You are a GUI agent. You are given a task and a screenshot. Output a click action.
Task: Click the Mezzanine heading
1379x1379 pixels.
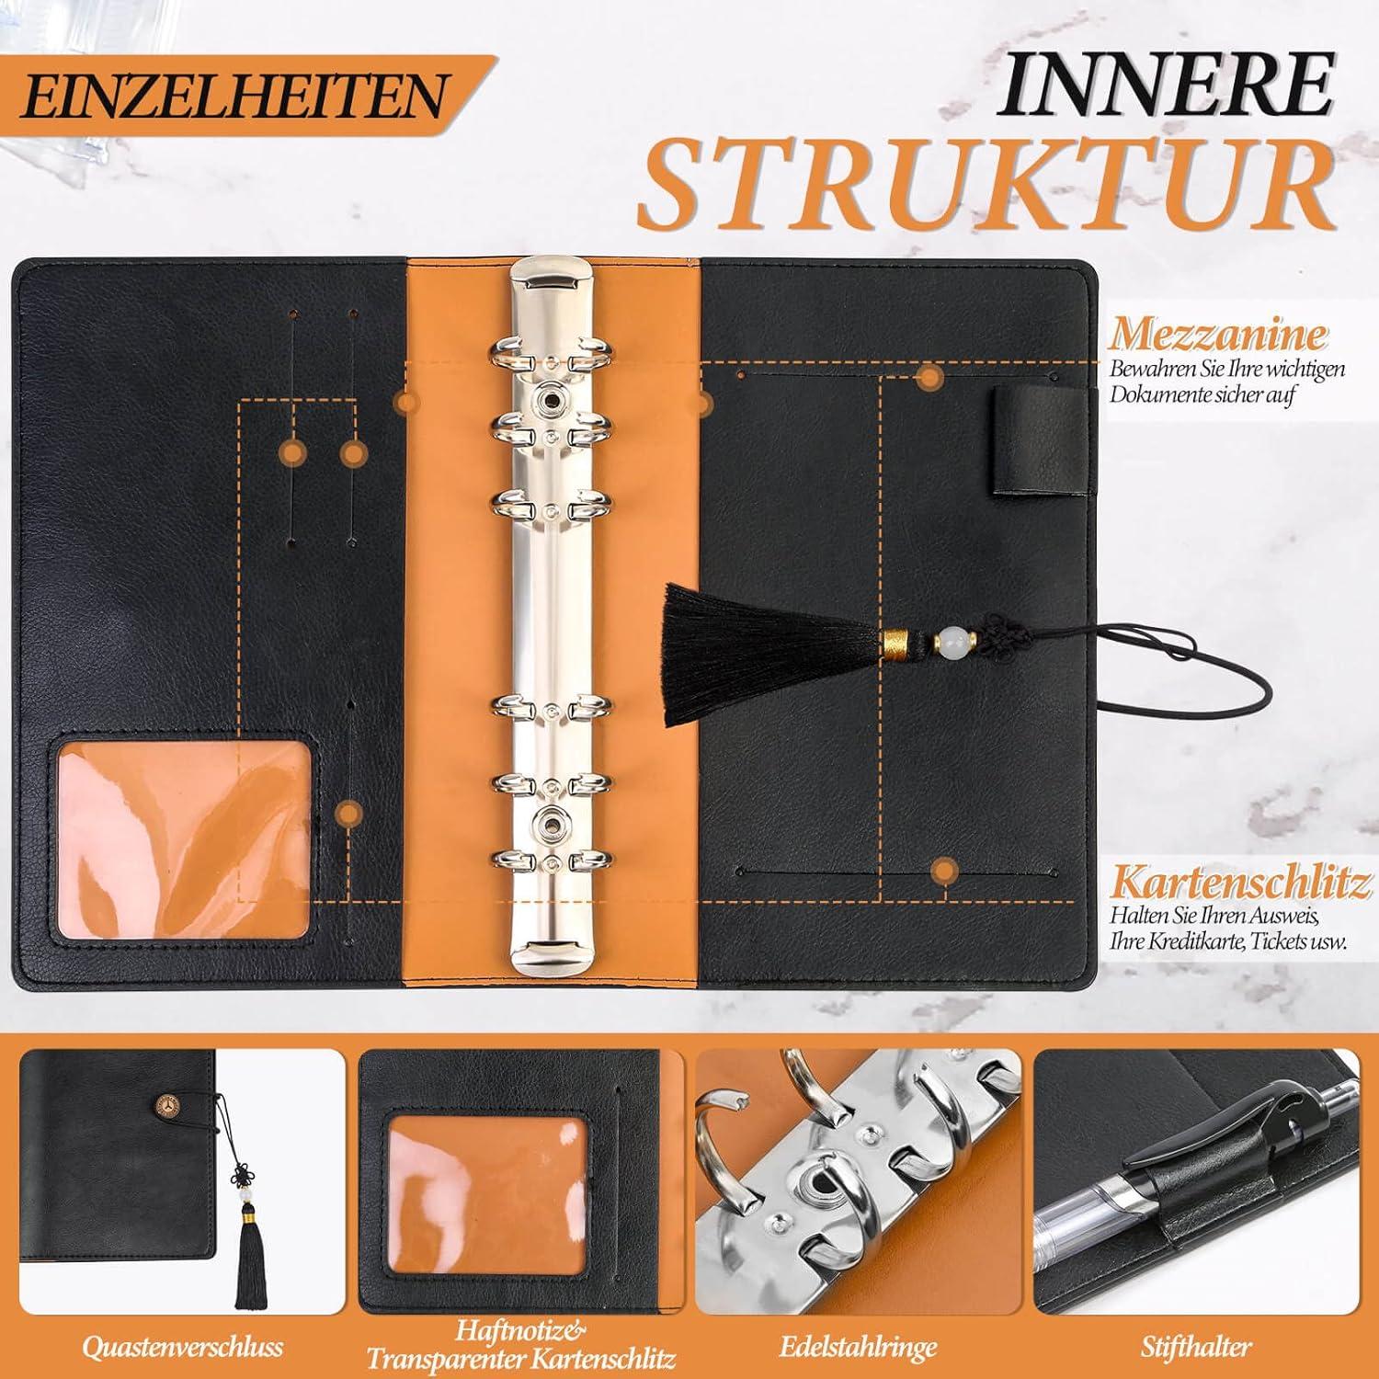(1218, 335)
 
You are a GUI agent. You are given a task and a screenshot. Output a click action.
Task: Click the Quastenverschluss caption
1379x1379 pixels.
(182, 1347)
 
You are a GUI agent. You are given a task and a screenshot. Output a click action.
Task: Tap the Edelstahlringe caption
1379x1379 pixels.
(857, 1347)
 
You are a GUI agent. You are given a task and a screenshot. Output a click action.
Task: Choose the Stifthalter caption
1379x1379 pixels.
(1196, 1348)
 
